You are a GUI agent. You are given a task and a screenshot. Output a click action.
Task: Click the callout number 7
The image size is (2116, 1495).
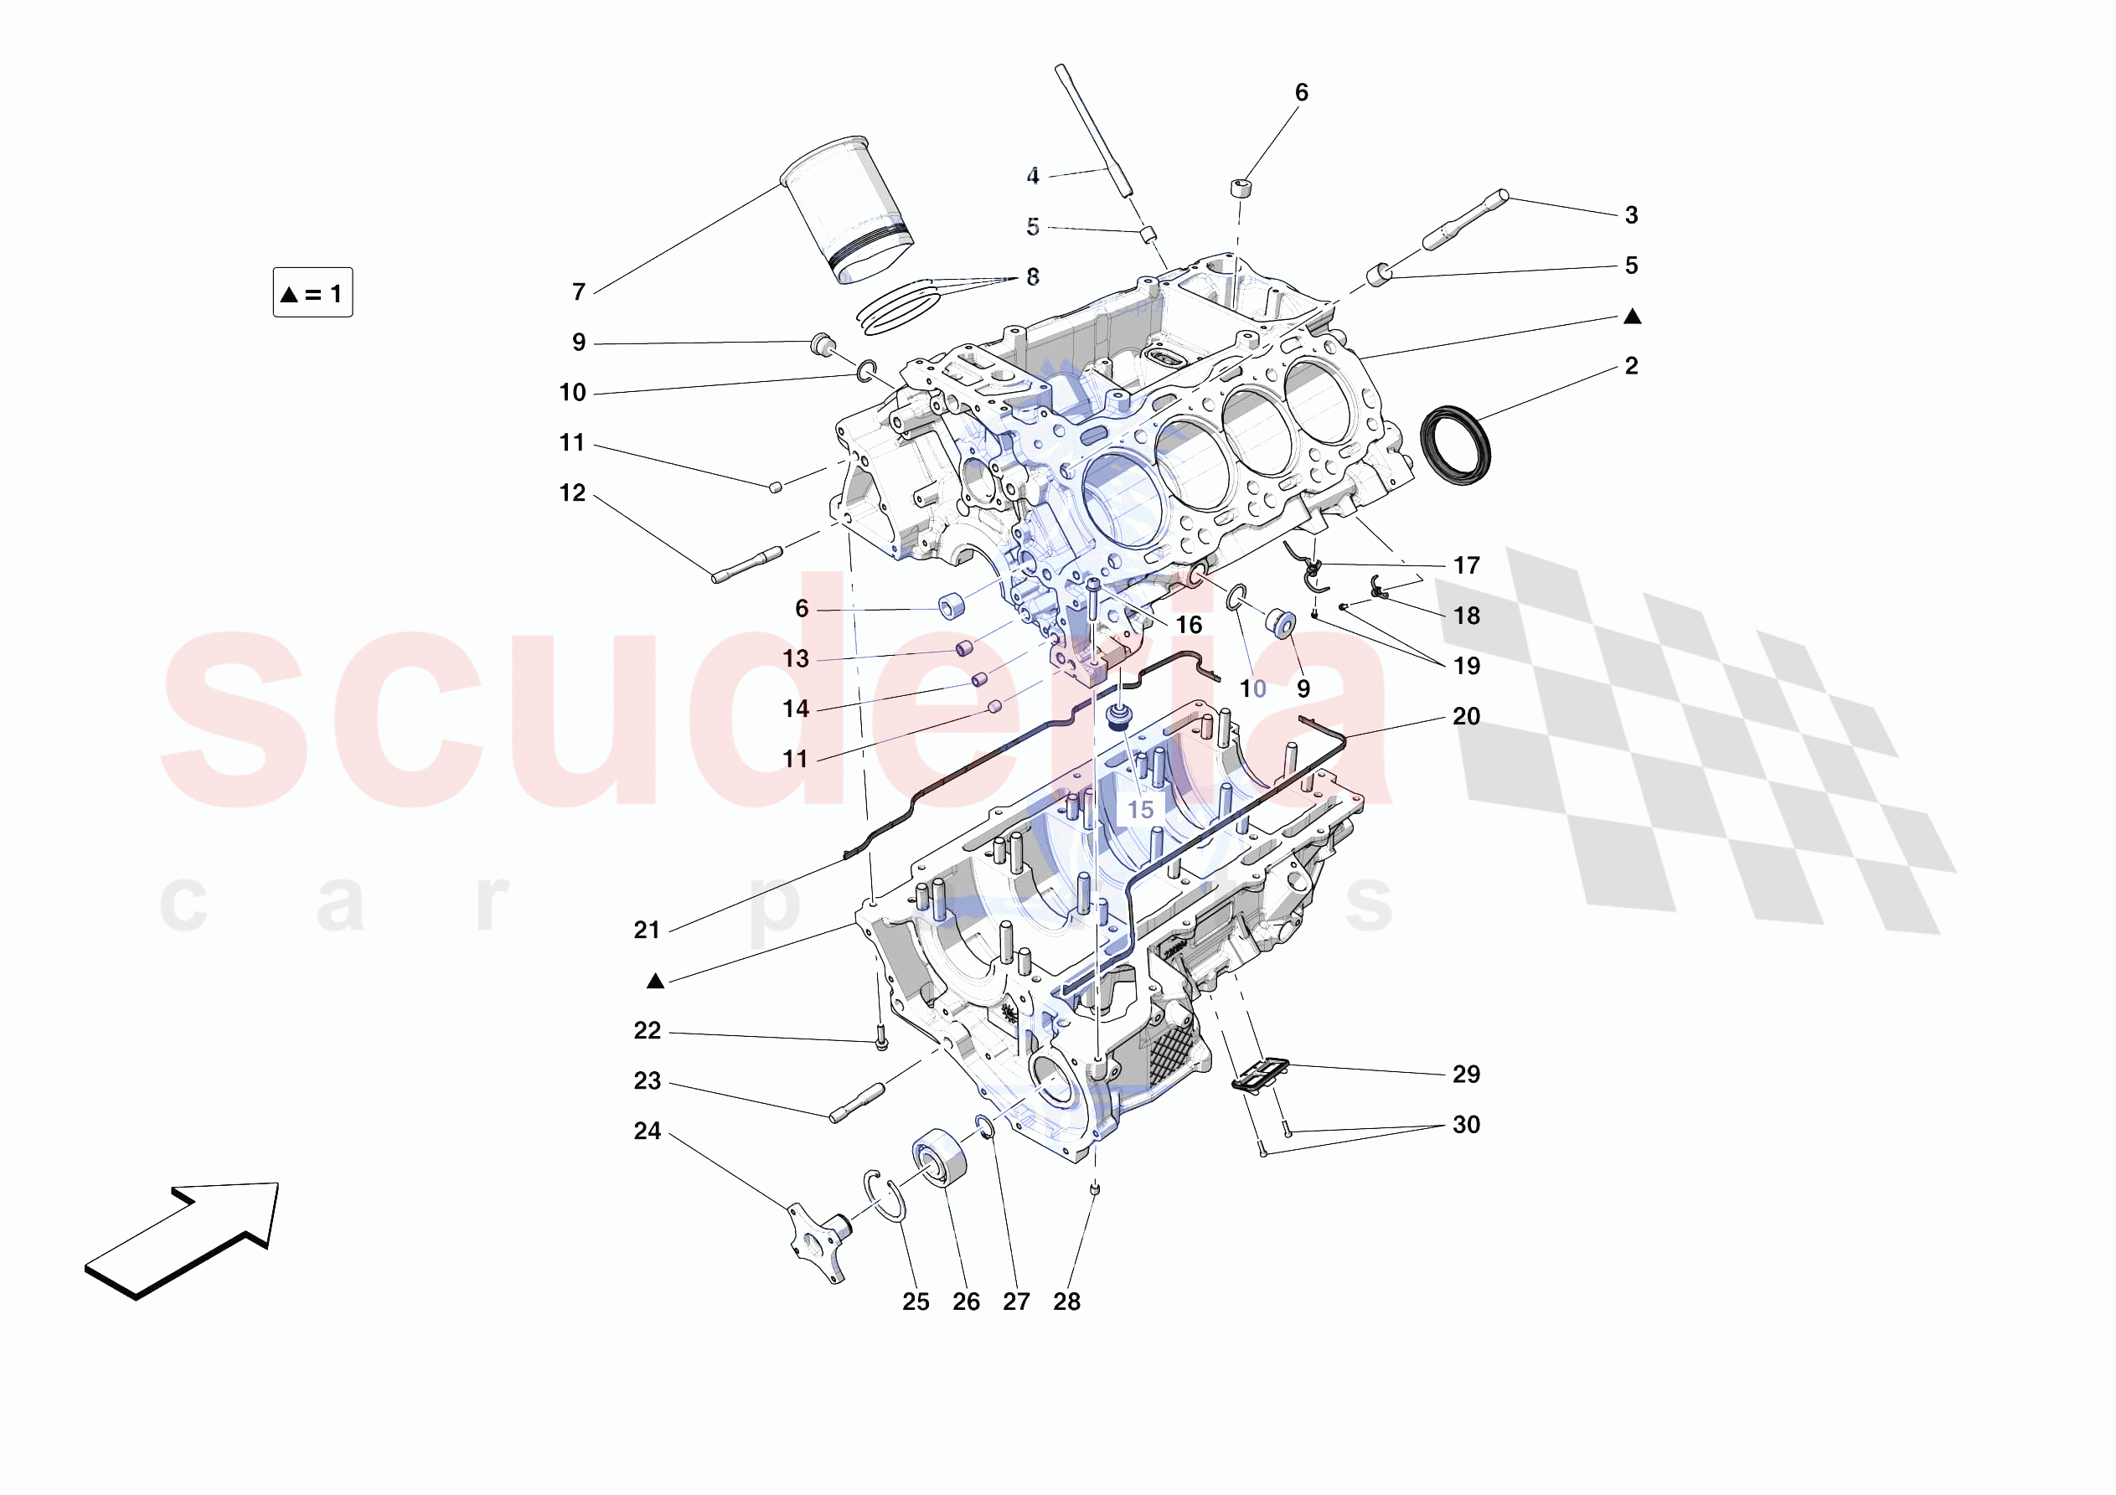point(579,292)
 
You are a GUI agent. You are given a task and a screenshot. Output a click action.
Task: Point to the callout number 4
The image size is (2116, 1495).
point(1033,175)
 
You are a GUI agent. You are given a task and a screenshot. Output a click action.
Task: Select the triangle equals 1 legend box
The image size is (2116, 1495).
point(312,293)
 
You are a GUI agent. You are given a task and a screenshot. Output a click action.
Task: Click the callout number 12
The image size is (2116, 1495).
point(572,493)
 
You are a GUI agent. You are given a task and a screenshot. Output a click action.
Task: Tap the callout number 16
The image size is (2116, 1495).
point(1189,625)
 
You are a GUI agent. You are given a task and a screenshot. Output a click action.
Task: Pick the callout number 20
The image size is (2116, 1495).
point(1466,716)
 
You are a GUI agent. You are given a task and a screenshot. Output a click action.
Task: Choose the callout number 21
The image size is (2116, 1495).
point(647,930)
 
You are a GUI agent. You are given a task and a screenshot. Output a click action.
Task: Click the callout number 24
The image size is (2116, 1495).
point(647,1131)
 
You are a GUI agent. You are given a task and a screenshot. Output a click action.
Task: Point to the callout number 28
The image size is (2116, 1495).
point(1066,1302)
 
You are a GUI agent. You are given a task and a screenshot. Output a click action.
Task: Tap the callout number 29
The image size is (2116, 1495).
point(1466,1074)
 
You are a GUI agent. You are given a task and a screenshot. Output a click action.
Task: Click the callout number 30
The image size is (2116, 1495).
point(1466,1125)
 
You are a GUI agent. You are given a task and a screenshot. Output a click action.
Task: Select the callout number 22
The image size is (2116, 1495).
point(647,1030)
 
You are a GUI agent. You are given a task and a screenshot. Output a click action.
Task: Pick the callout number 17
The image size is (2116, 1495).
point(1466,565)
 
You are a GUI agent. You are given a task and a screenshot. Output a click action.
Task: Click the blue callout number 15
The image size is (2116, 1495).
point(1140,809)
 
